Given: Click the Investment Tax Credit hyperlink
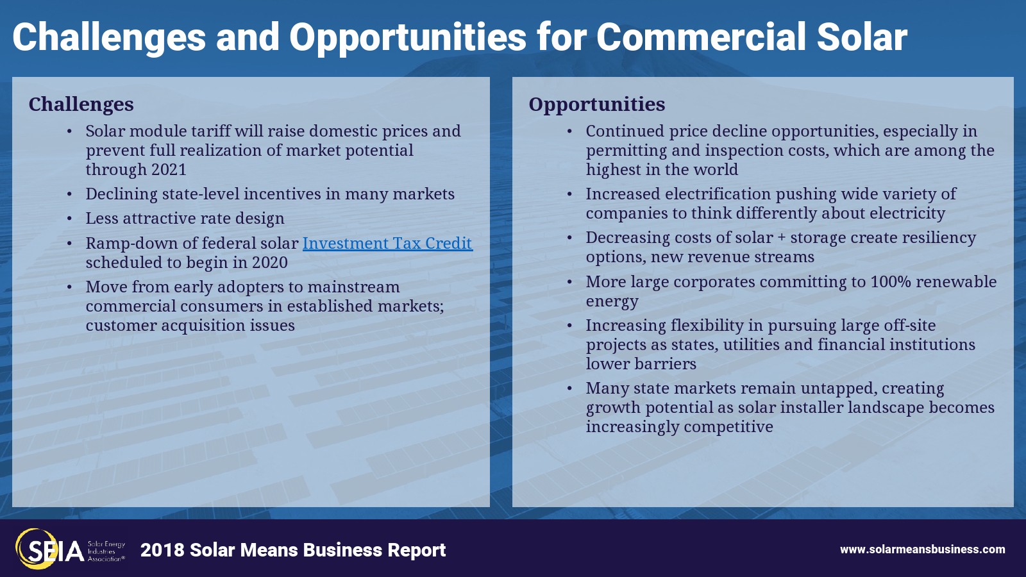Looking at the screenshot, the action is pyautogui.click(x=387, y=243).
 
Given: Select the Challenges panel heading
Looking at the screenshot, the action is pyautogui.click(x=81, y=105).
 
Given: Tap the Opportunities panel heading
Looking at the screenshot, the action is pyautogui.click(x=597, y=105).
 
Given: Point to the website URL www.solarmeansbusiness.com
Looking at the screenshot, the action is pyautogui.click(x=923, y=549).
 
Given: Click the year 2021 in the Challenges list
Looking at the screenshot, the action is pyautogui.click(x=169, y=170).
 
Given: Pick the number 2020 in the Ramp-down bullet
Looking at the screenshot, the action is pyautogui.click(x=270, y=262).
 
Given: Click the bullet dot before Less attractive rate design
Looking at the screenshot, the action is pyautogui.click(x=70, y=219).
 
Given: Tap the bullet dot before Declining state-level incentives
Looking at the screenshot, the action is pyautogui.click(x=70, y=195).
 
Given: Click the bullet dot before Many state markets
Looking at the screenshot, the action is pyautogui.click(x=570, y=389).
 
